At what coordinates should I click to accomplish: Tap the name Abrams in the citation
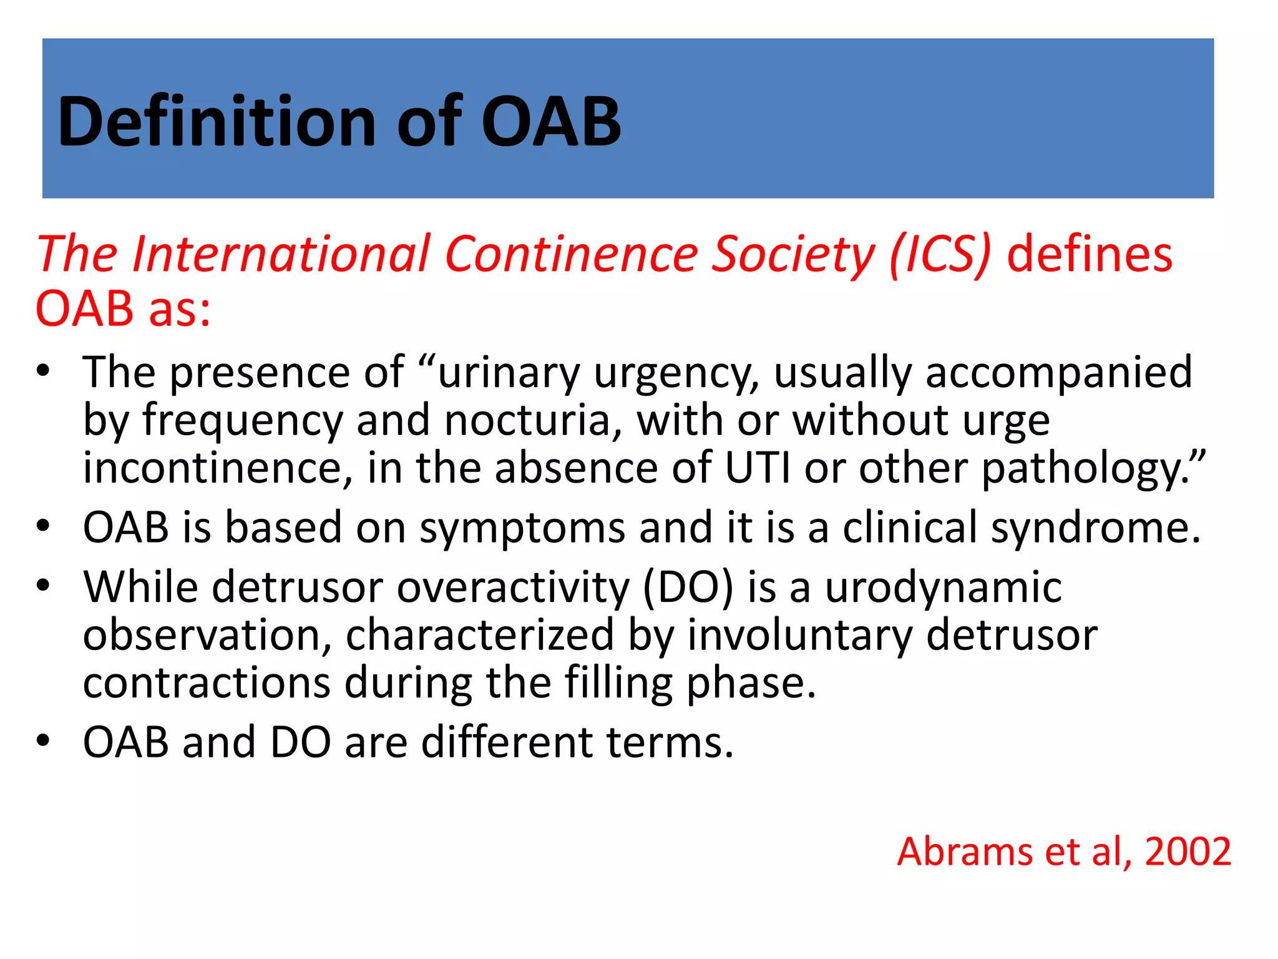tap(965, 851)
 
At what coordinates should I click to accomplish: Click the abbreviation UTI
tap(757, 468)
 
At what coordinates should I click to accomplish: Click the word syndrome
tap(1095, 528)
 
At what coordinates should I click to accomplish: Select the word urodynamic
tap(943, 588)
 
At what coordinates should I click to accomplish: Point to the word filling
tap(618, 683)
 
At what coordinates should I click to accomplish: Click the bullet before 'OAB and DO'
tap(42, 741)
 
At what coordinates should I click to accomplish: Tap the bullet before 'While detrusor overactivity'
tap(42, 586)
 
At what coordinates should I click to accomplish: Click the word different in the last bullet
tap(506, 742)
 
